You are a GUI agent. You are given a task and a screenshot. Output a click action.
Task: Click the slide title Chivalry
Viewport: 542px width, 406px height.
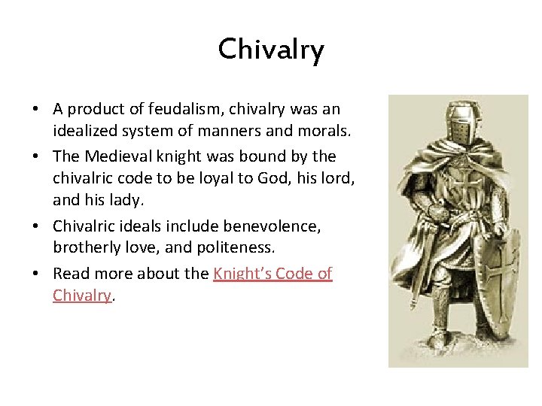[x=271, y=50]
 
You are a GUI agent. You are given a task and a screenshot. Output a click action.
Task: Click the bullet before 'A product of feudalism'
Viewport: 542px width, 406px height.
[x=36, y=110]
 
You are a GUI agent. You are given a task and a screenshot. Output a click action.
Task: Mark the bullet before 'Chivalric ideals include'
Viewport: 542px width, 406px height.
[x=36, y=226]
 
